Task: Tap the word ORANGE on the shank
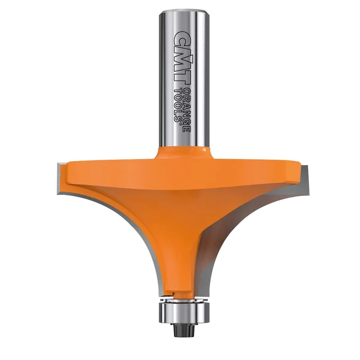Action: [185, 108]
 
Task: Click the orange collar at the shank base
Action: [182, 153]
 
